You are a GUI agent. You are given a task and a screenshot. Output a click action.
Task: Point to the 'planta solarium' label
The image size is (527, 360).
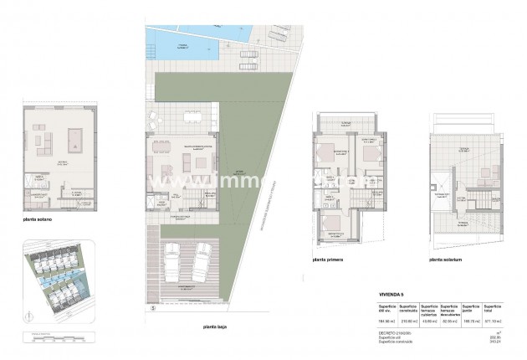tap(447, 260)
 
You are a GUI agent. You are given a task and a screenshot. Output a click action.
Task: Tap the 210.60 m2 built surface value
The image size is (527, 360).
tap(409, 321)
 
